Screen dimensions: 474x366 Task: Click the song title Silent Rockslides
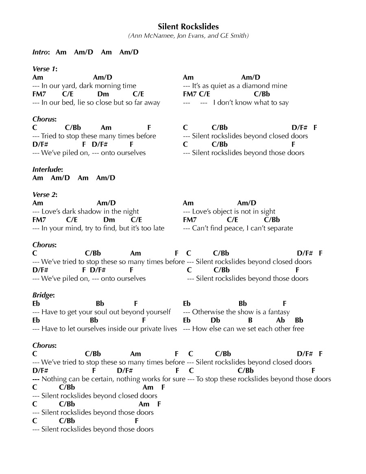188,26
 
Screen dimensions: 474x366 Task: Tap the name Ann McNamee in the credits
149,36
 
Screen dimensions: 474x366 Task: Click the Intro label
41,52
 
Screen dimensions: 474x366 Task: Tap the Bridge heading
44,295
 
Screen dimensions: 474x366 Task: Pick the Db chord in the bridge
216,320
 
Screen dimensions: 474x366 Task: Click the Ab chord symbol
281,320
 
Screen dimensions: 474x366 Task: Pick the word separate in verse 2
279,228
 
